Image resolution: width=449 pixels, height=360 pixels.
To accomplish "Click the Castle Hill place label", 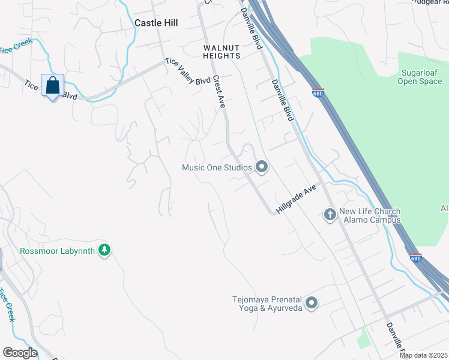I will click(156, 22).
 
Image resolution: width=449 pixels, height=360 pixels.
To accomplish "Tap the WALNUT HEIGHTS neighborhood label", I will click(221, 52).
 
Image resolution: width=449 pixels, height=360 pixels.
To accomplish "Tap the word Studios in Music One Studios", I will click(238, 167).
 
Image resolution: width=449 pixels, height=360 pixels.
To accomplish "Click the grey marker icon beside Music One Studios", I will click(261, 167).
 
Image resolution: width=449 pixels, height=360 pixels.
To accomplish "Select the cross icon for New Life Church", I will click(330, 214).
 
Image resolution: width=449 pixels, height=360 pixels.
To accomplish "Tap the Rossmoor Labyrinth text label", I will click(58, 251).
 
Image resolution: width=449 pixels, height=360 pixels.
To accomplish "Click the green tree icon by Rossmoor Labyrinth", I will click(104, 250).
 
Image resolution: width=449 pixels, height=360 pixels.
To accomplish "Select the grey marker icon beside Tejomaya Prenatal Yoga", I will click(311, 303).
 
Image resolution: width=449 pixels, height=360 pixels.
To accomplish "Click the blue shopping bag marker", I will click(52, 85).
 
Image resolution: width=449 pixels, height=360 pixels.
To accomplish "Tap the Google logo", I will click(20, 353).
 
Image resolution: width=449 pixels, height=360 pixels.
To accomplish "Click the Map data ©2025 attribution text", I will click(423, 355).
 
